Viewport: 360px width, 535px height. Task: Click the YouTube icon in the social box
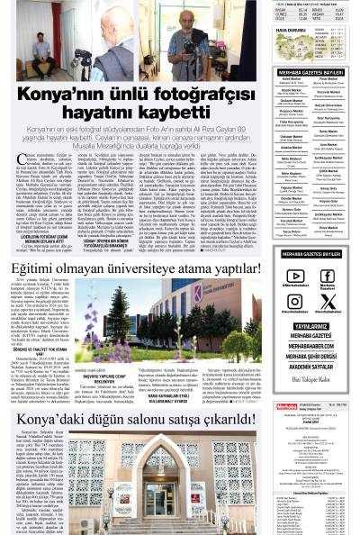[298, 276]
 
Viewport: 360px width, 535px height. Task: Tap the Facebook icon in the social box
[328, 276]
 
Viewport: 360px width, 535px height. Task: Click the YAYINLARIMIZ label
[311, 327]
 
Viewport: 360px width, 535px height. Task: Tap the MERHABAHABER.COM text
[311, 345]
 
